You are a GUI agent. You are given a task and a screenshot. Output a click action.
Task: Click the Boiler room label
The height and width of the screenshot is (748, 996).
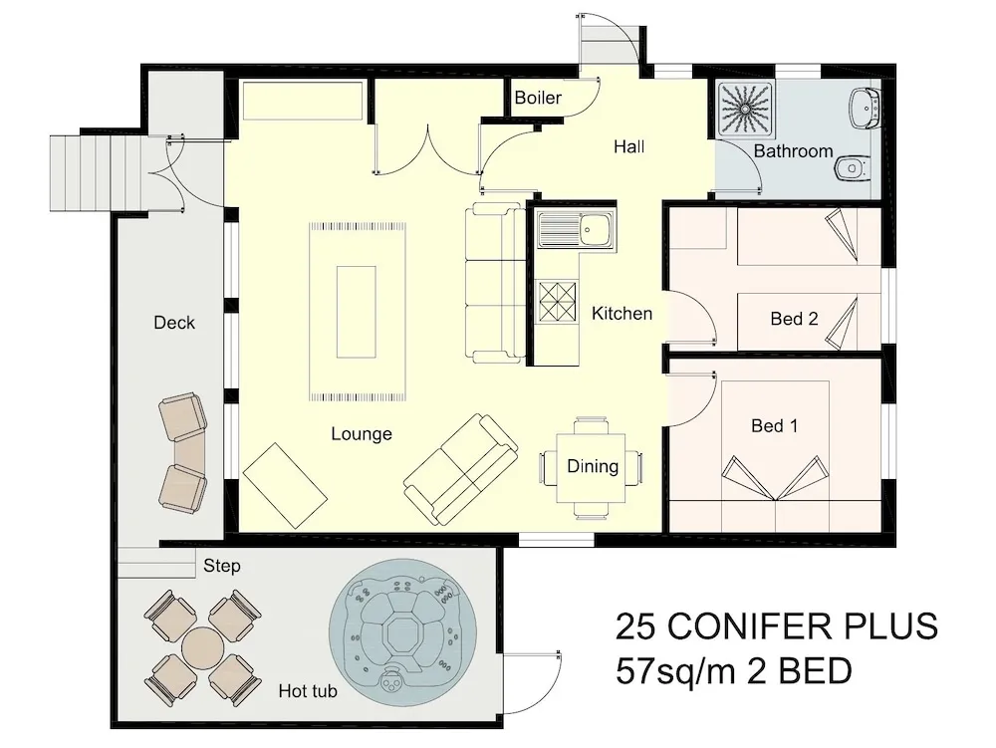point(538,98)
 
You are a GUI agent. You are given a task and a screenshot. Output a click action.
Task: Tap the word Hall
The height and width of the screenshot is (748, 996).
point(628,146)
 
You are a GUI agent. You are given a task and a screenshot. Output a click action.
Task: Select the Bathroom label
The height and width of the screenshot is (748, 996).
point(793,151)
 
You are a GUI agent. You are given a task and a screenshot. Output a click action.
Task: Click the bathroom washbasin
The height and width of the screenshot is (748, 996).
point(864,108)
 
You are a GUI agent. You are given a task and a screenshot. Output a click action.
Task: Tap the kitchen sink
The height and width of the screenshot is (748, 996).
point(576,229)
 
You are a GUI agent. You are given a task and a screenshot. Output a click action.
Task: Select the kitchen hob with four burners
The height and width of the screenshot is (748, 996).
point(557,302)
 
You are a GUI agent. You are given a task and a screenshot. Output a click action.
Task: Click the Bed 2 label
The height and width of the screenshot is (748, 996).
point(794,318)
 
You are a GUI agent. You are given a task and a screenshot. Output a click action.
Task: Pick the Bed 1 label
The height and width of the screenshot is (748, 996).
point(774,425)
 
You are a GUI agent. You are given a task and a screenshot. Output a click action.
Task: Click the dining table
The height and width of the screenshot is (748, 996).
point(592,467)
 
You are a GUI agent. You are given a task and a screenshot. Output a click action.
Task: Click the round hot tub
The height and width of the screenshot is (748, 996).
point(402,632)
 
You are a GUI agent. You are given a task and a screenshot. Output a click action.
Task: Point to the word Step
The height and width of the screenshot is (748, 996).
point(222,565)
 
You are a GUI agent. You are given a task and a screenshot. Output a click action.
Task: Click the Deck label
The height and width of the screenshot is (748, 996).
point(174,323)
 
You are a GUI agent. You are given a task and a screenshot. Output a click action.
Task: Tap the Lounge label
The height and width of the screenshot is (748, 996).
point(362,433)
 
